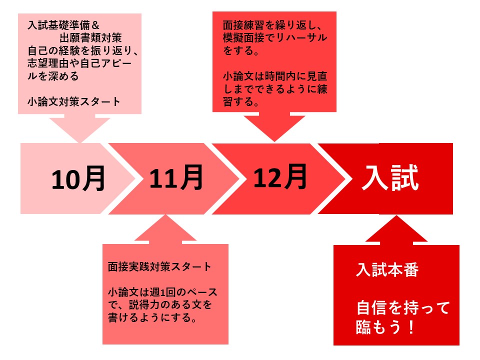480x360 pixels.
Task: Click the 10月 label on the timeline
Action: (78, 179)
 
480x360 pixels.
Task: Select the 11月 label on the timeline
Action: (176, 177)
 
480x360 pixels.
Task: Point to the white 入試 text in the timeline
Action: (390, 177)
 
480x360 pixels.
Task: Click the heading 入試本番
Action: (387, 270)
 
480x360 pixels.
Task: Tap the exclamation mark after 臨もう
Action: (411, 327)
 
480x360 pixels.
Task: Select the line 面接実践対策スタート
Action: (159, 266)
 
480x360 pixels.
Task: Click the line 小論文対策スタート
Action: (74, 101)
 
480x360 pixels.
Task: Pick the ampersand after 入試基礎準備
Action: (95, 25)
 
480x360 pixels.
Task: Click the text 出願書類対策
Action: (90, 38)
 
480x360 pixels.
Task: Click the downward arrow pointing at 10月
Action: (80, 128)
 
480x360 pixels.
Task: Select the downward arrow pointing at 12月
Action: (274, 126)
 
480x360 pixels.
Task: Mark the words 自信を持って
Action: (403, 307)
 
